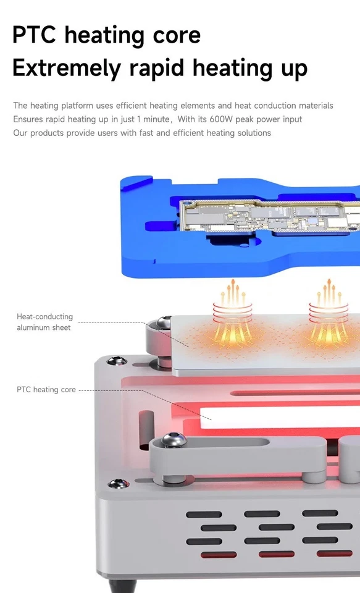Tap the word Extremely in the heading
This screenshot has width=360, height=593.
click(65, 67)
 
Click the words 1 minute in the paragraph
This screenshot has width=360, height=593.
click(154, 119)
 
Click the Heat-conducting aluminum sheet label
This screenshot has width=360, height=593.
click(44, 322)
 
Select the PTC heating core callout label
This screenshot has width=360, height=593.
click(46, 390)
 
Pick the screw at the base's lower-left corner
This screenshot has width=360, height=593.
click(114, 483)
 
